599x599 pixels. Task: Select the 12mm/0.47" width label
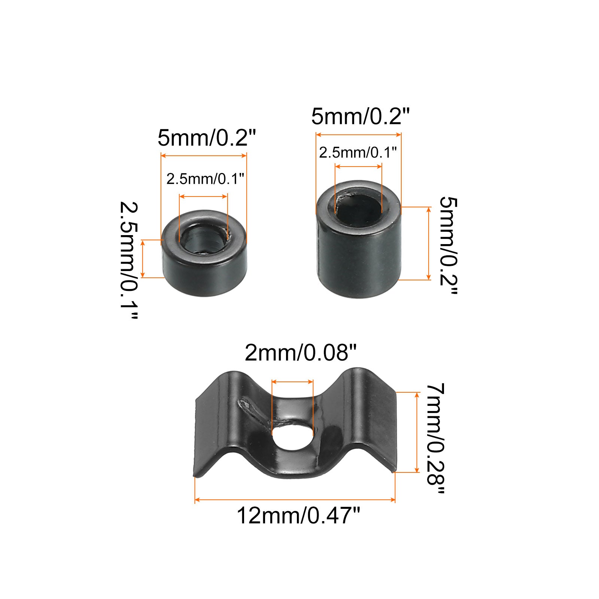[x=298, y=516]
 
